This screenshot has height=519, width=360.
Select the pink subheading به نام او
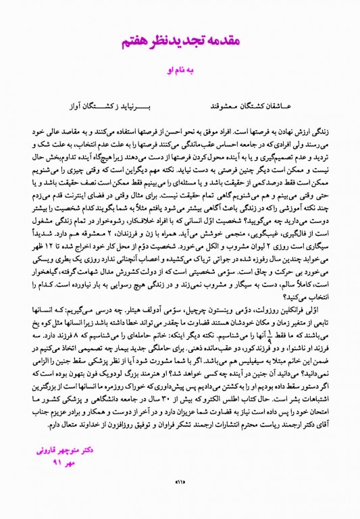(x=180, y=69)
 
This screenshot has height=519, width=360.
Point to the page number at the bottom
(x=180, y=500)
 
